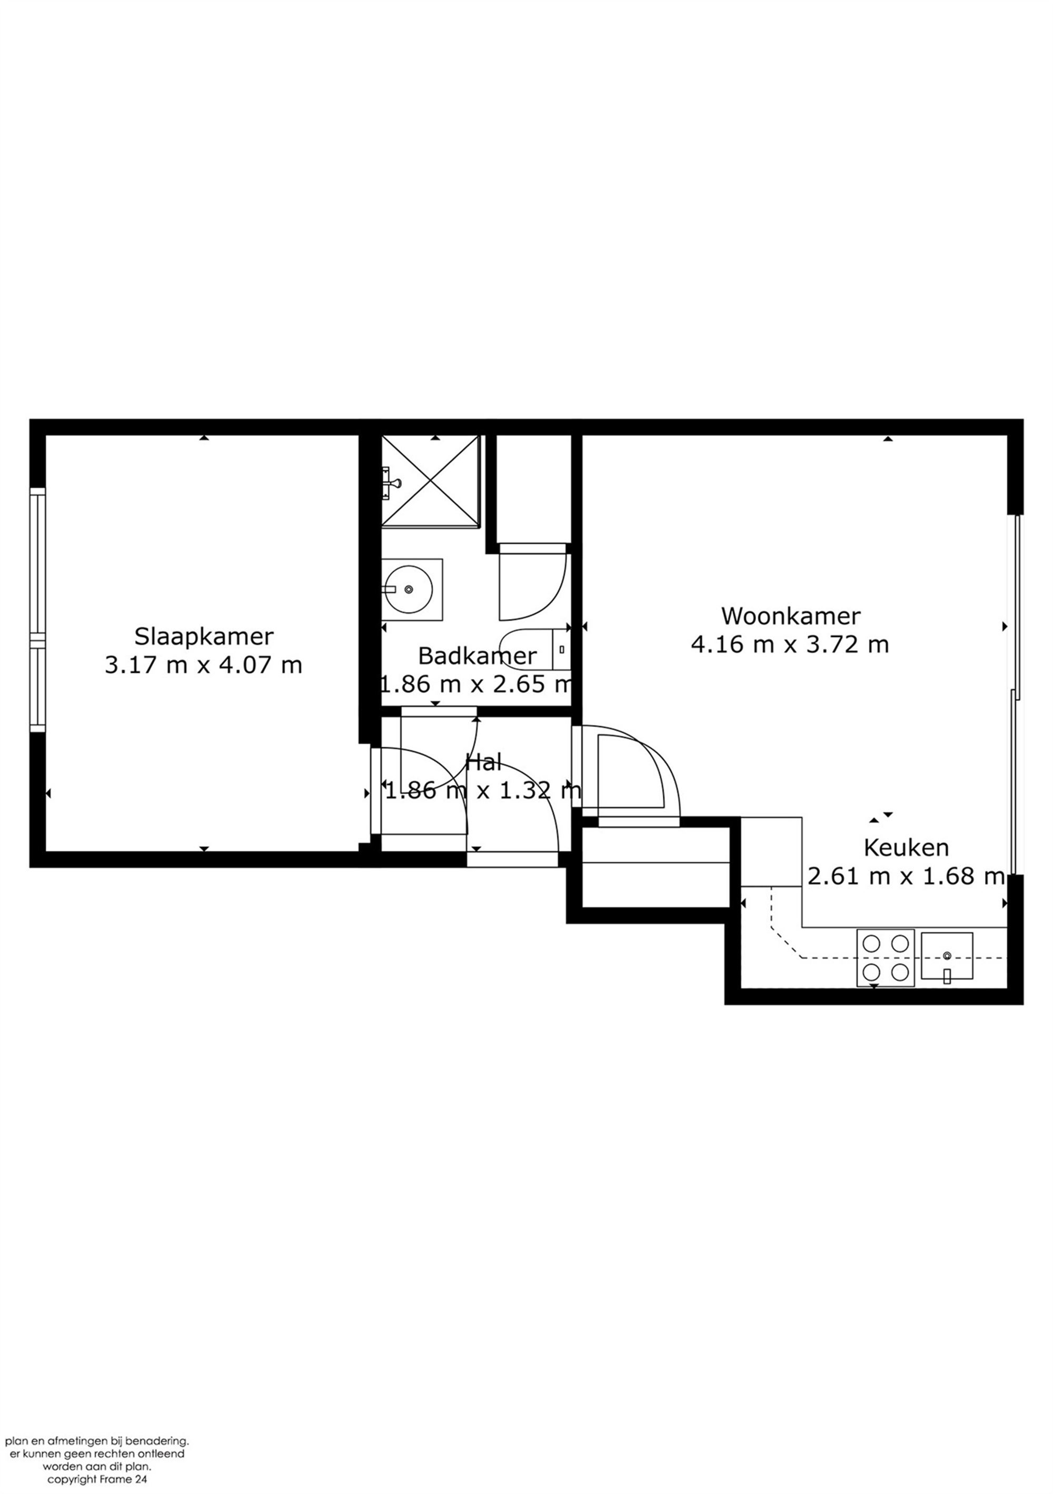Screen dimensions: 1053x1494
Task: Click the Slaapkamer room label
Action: [204, 636]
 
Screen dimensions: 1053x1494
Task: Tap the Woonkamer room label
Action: [791, 615]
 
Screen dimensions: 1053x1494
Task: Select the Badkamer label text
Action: [477, 656]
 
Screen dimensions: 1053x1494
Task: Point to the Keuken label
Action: [906, 848]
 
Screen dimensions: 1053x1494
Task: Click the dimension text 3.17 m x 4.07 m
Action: [204, 665]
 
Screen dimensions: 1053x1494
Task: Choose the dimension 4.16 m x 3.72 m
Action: [789, 644]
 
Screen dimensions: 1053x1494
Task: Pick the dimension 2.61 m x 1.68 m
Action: [907, 877]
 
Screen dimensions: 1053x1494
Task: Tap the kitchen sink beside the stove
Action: [947, 957]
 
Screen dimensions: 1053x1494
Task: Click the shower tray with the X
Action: [430, 480]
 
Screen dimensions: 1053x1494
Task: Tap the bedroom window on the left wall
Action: [38, 610]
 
